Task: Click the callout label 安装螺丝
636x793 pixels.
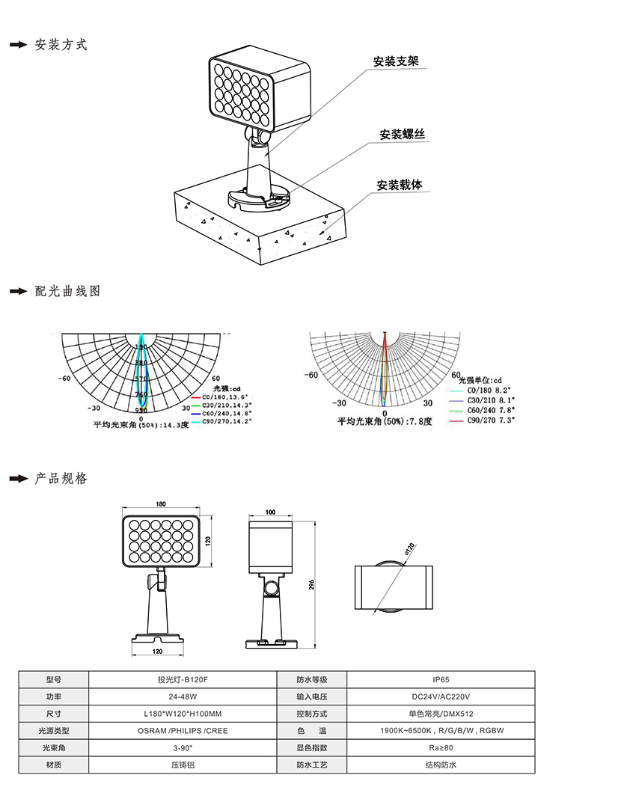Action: (x=402, y=135)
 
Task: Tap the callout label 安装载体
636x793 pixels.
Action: (x=400, y=185)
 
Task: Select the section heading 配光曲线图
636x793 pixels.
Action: (x=67, y=291)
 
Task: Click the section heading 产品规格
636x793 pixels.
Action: (x=61, y=478)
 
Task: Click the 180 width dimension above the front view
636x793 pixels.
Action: (x=161, y=504)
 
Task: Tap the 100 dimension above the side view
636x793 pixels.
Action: (x=270, y=512)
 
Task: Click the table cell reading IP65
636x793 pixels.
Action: (x=441, y=680)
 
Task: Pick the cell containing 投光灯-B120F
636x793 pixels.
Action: (x=182, y=680)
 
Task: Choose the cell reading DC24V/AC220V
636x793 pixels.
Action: (x=441, y=696)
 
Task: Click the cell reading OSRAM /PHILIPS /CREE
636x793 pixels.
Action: (x=182, y=731)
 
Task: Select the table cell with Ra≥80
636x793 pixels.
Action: (x=441, y=747)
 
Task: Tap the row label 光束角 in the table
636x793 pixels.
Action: (x=53, y=747)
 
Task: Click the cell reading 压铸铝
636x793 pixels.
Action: (x=182, y=765)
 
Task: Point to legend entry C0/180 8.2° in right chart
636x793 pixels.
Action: (x=487, y=391)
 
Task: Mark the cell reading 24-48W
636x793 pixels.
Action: (x=182, y=696)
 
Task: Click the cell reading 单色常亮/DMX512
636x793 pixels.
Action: (x=441, y=714)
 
